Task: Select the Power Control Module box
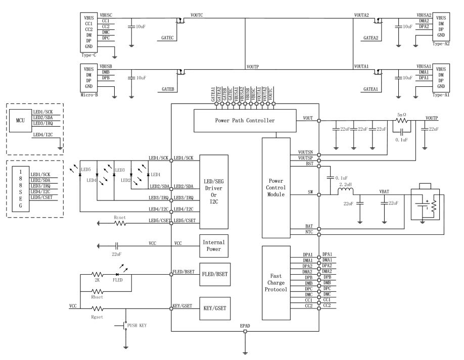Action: pyautogui.click(x=276, y=187)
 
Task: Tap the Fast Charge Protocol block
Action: pyautogui.click(x=276, y=283)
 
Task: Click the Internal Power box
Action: pyautogui.click(x=214, y=246)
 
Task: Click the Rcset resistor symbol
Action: pyautogui.click(x=120, y=223)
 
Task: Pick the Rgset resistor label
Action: pyautogui.click(x=97, y=316)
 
